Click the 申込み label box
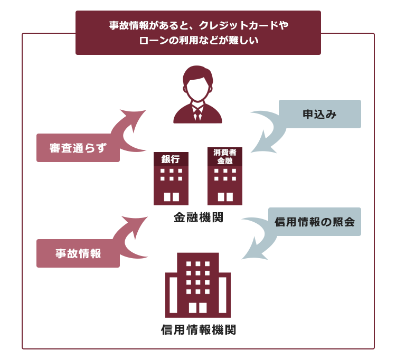click(x=320, y=114)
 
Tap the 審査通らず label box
click(x=78, y=148)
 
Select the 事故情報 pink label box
click(x=78, y=253)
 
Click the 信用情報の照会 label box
click(x=315, y=222)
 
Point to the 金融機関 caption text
click(x=199, y=217)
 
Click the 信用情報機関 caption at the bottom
click(x=199, y=329)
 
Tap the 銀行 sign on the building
click(x=171, y=159)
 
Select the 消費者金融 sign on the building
click(x=225, y=157)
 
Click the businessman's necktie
click(x=197, y=114)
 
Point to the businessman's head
click(x=198, y=83)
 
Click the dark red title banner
click(x=198, y=33)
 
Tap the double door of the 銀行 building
click(x=172, y=197)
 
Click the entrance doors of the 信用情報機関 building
click(x=198, y=308)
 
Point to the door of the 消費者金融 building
click(x=225, y=197)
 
